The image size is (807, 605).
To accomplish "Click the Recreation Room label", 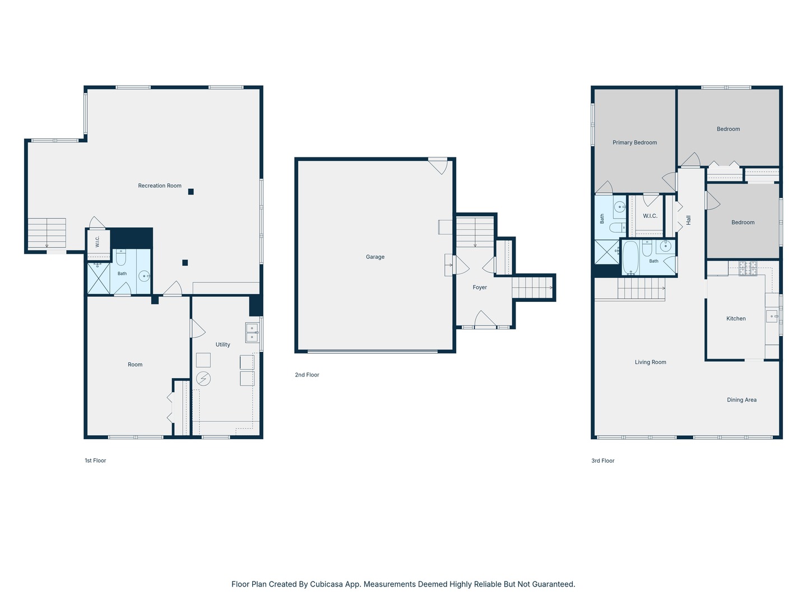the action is point(160,185).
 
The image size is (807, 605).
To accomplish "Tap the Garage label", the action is point(375,257).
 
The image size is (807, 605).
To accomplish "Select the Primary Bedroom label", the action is point(634,142).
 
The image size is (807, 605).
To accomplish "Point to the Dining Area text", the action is point(741,399).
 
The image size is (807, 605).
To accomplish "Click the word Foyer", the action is point(479,287).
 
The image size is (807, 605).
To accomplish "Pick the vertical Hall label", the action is point(688,220).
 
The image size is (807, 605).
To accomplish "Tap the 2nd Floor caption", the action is point(307,375).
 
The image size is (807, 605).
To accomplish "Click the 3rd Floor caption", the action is point(602,460).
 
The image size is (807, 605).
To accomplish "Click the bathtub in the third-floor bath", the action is point(630,258).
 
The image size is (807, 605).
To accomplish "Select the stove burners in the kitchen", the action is point(748,268).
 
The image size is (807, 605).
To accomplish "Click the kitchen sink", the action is point(772,316).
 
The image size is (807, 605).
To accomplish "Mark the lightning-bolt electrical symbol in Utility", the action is point(203,378).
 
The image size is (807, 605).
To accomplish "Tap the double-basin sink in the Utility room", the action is point(252,332).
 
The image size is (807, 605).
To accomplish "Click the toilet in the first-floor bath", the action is point(121,257).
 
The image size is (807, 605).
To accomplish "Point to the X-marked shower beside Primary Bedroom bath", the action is point(606,252).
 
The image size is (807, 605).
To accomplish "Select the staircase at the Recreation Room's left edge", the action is point(47,233).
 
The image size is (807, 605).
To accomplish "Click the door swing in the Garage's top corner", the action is point(438,166).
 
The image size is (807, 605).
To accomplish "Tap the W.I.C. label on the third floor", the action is point(650,216).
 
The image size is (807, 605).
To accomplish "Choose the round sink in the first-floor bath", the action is point(144,276).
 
